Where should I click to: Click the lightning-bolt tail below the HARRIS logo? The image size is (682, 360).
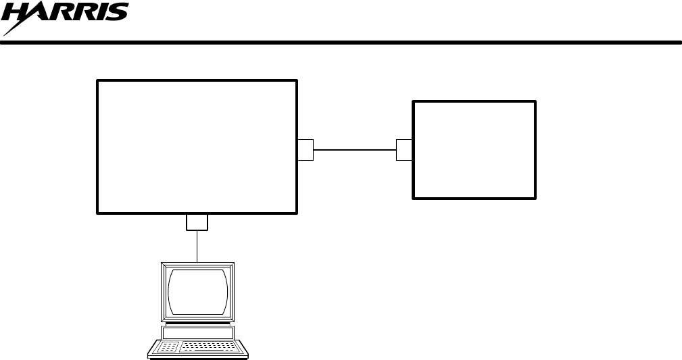(14, 29)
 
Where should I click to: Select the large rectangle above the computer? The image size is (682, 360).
(197, 147)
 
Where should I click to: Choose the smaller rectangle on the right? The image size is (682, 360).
(474, 150)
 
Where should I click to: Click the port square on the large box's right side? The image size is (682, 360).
(306, 150)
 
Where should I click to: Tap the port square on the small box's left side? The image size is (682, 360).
(404, 150)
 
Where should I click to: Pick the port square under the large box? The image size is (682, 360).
(197, 222)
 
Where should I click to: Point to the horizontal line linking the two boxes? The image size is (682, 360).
(354, 150)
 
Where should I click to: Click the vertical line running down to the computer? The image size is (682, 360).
(197, 247)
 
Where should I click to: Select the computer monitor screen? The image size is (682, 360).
(197, 291)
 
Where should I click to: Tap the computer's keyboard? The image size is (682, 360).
(198, 347)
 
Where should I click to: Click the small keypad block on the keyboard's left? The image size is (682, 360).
(169, 347)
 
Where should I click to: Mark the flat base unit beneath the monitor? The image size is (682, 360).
(197, 332)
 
